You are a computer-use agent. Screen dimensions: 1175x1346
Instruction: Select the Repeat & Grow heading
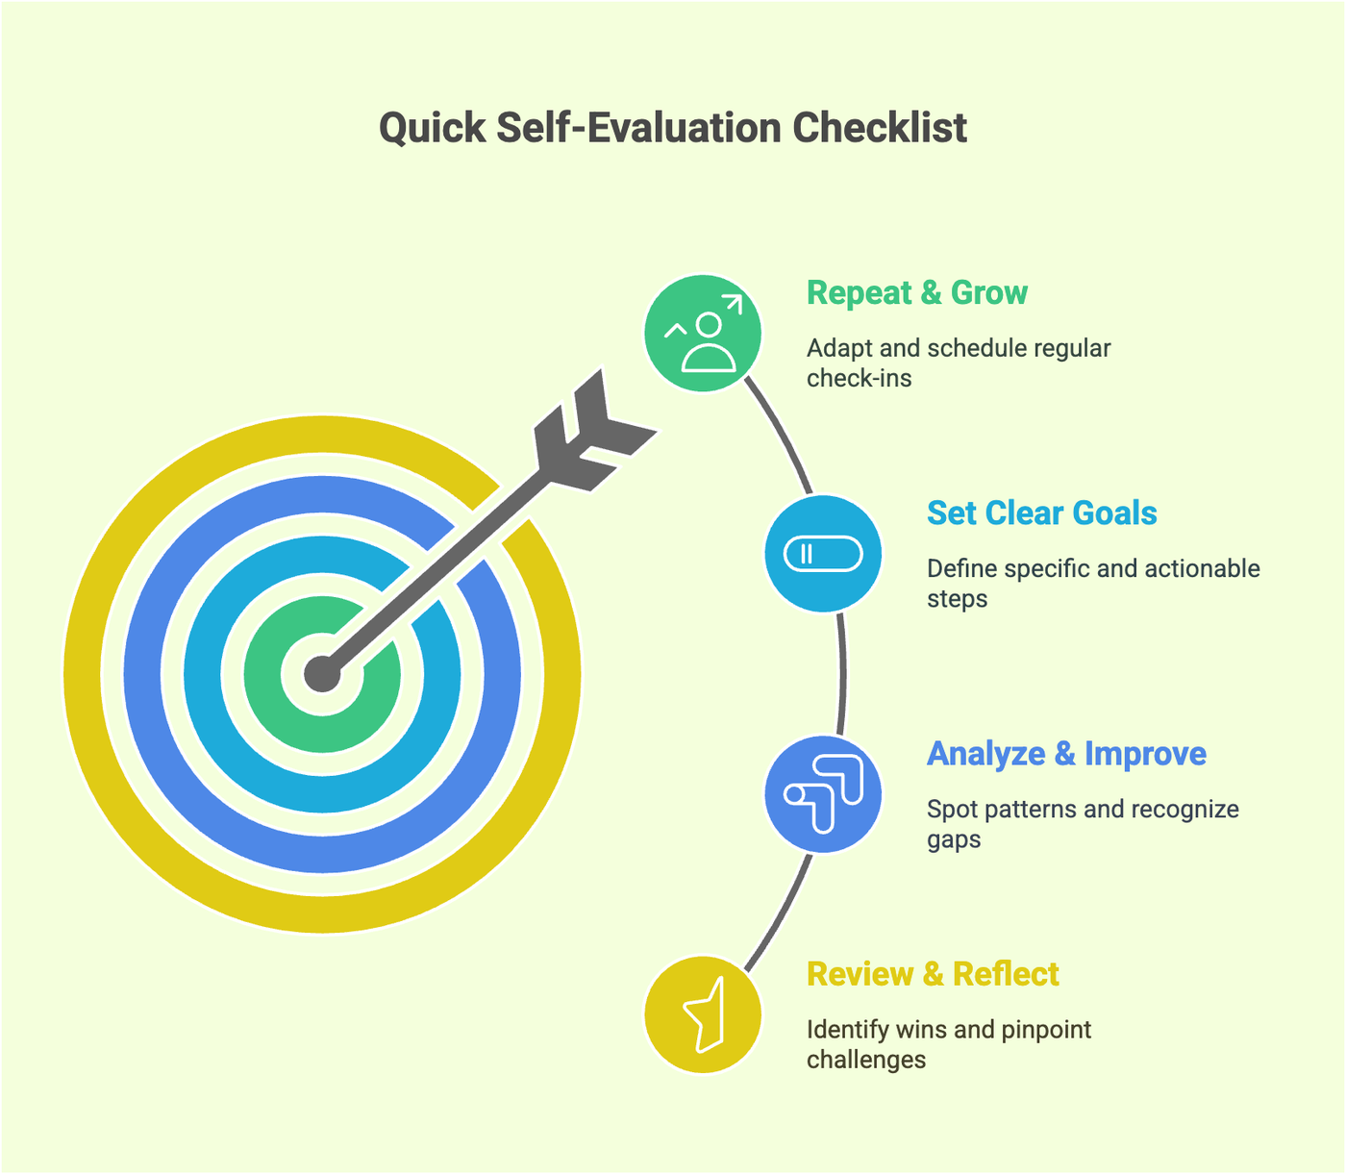[917, 293]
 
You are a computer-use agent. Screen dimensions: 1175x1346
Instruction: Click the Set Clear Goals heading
[1041, 513]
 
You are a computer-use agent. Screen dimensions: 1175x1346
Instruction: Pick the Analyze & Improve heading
[1066, 754]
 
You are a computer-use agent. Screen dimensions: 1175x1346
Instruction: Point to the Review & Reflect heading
[933, 974]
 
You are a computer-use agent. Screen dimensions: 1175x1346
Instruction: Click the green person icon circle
[703, 334]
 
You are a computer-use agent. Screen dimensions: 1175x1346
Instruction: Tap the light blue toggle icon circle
[823, 554]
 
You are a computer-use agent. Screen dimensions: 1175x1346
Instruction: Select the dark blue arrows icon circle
[823, 794]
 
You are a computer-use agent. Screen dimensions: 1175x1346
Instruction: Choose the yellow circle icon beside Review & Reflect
[703, 1014]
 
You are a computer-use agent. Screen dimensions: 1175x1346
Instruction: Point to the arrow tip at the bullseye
[323, 674]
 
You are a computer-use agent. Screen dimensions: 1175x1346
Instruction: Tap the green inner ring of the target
[262, 674]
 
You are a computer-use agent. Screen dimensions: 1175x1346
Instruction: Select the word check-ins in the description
[859, 379]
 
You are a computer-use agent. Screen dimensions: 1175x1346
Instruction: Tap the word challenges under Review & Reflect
[866, 1060]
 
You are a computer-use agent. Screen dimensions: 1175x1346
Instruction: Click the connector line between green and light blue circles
[781, 435]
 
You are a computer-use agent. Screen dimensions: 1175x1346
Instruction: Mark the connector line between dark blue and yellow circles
[779, 912]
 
